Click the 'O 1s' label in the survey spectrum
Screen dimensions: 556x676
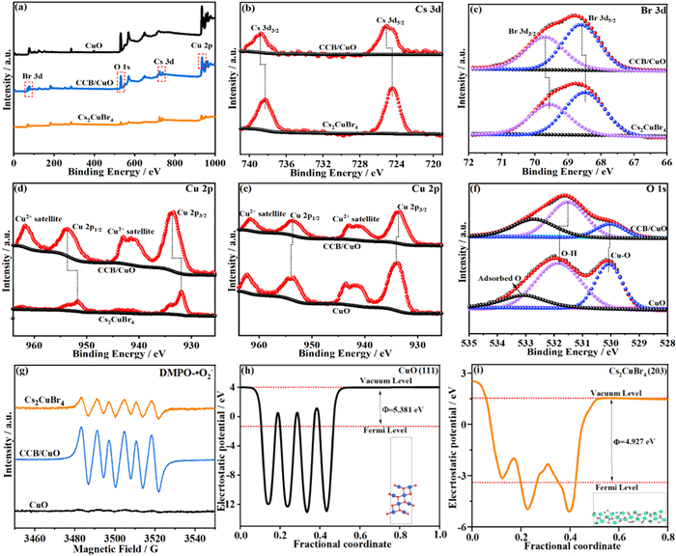click(123, 68)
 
